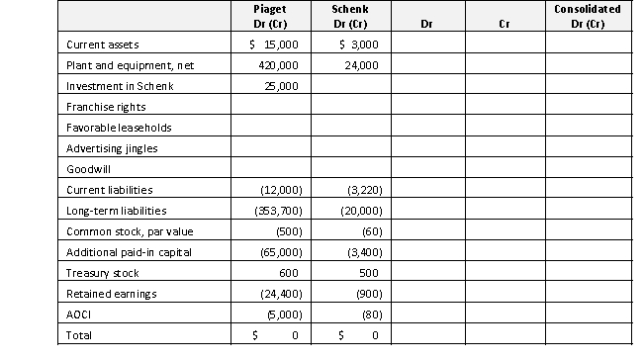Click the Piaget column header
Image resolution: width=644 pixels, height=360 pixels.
(270, 15)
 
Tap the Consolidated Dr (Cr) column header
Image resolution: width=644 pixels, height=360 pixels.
(588, 15)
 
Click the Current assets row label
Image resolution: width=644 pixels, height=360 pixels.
(103, 45)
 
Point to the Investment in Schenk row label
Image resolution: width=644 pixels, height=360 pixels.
(113, 87)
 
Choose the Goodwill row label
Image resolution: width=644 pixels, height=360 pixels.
(86, 169)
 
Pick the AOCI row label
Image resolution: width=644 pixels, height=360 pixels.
(78, 315)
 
